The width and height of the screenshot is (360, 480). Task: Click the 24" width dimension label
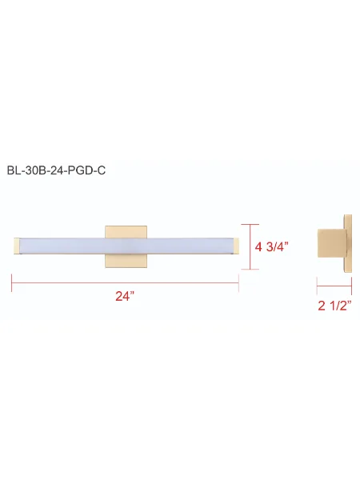124,297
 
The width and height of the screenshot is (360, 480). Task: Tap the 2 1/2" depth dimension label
334,305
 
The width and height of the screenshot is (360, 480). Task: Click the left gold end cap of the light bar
15,246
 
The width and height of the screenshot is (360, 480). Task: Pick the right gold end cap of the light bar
234,246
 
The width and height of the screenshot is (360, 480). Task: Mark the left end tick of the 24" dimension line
11,282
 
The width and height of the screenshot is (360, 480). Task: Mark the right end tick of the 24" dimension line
238,282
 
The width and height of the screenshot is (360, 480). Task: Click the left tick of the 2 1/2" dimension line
318,283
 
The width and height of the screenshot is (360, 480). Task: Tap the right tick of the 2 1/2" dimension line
351,283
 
